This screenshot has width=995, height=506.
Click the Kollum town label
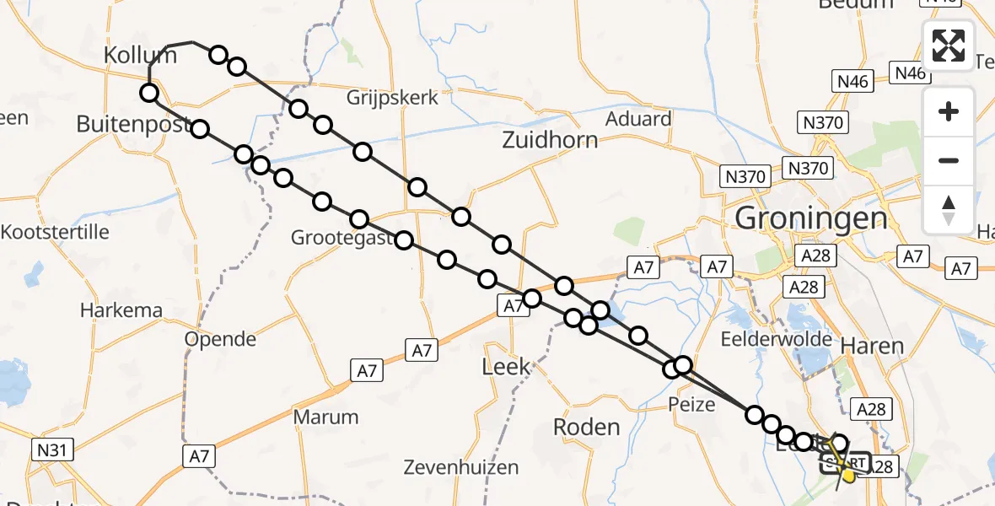[x=140, y=56]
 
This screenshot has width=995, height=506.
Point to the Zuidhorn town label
[x=550, y=140]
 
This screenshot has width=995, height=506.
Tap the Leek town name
[x=506, y=366]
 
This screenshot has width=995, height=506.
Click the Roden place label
[x=587, y=427]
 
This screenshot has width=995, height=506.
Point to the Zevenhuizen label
[x=457, y=466]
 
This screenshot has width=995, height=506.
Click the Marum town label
[x=325, y=417]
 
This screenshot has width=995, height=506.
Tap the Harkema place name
[x=121, y=310]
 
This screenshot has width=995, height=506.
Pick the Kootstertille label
[x=56, y=231]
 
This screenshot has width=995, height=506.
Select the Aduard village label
[x=638, y=119]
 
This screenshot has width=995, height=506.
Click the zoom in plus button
[x=949, y=111]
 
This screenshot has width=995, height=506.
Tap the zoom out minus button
[x=949, y=160]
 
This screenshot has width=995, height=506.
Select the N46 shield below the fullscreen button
[x=852, y=81]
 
